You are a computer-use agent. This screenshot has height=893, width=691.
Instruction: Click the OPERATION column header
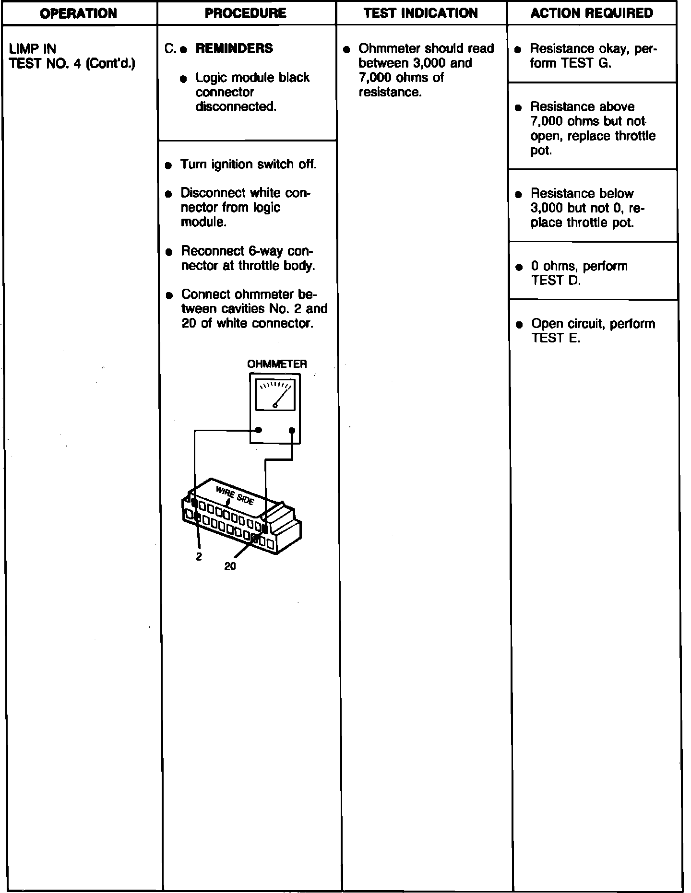coord(79,13)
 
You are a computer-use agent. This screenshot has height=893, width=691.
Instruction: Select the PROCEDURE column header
coord(246,13)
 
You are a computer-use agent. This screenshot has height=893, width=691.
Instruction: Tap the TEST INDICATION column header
coord(421,13)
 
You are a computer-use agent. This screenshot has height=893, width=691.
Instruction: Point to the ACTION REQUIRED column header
coord(592,13)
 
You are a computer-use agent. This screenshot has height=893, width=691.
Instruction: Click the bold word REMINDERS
coord(234,48)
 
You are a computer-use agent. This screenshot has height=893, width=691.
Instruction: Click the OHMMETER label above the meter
coord(277,364)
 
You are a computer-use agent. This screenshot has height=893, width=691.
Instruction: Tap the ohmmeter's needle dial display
coord(275,395)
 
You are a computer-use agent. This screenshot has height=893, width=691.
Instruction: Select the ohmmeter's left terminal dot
coord(259,430)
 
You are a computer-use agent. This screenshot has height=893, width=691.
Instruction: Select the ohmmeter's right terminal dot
coord(292,430)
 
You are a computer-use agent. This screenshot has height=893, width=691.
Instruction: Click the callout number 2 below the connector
coord(199,557)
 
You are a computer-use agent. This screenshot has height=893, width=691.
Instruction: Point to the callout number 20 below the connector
coord(230,567)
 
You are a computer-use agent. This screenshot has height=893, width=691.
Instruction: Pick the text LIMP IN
coord(33,49)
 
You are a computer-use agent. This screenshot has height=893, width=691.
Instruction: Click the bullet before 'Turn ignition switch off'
coord(168,165)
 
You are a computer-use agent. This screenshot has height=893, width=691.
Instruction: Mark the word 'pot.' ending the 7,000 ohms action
coord(541,151)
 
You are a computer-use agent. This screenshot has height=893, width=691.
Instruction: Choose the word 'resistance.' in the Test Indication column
coord(390,92)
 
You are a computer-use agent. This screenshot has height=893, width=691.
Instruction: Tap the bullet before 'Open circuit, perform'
coord(519,325)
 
